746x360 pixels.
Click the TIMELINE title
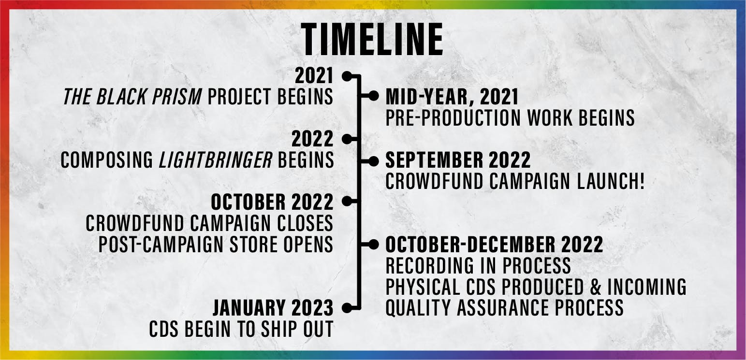pos(372,39)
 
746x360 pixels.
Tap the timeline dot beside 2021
pos(347,76)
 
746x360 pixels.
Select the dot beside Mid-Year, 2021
pos(373,96)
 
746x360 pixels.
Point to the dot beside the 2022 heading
pos(347,139)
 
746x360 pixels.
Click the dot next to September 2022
pos(373,161)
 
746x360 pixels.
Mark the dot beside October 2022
pos(347,201)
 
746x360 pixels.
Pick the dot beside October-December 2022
pos(373,245)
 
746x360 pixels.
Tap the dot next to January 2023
pos(347,308)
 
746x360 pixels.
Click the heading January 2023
pos(273,308)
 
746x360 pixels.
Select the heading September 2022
pos(458,160)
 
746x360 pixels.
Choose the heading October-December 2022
pos(494,245)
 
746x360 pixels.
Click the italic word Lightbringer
pos(216,160)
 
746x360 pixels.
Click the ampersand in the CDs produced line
pos(596,287)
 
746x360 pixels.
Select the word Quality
pos(418,308)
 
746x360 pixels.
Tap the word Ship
pos(275,329)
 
